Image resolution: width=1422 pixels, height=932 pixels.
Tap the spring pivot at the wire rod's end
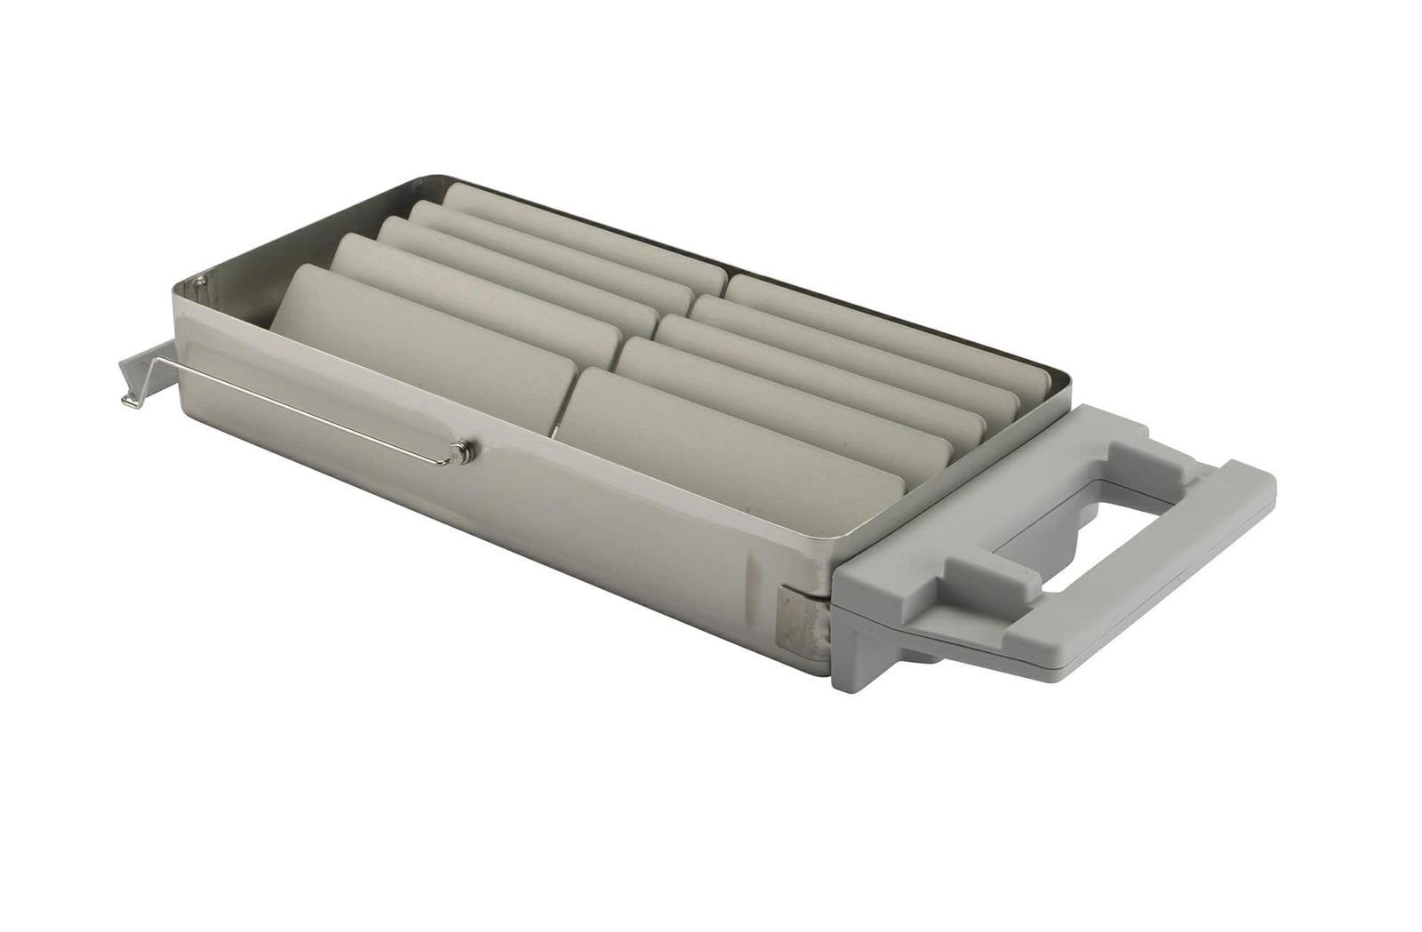pyautogui.click(x=459, y=452)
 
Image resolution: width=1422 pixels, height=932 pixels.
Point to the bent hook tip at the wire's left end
pyautogui.click(x=130, y=400)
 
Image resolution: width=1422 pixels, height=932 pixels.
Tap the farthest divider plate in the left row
pyautogui.click(x=578, y=227)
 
